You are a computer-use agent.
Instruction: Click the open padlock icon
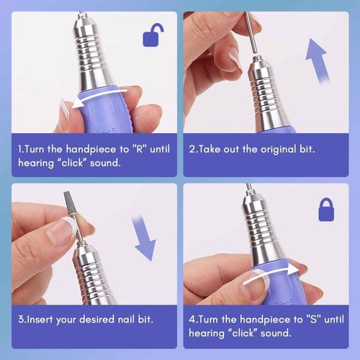coord(153,35)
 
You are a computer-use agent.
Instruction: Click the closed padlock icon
coord(328,209)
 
